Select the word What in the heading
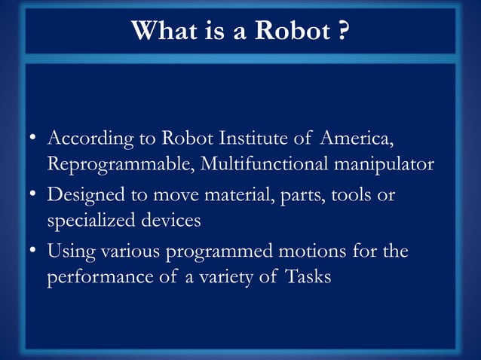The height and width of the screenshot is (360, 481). (158, 31)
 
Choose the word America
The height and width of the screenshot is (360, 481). (357, 139)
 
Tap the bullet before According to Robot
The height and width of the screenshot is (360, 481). (33, 140)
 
